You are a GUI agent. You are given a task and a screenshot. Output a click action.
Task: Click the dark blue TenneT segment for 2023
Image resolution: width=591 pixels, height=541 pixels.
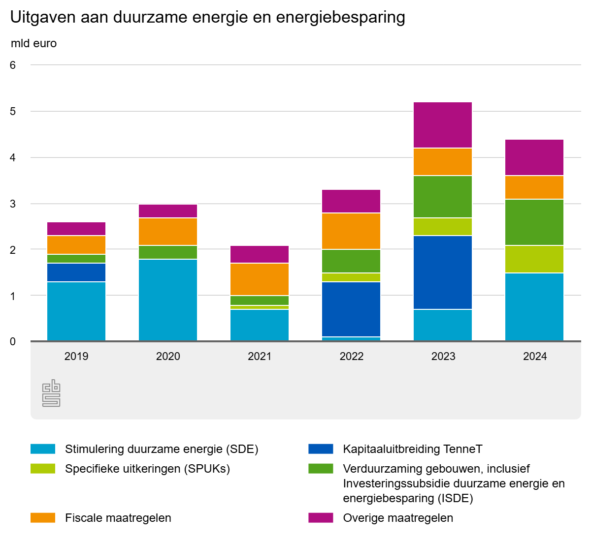(x=443, y=272)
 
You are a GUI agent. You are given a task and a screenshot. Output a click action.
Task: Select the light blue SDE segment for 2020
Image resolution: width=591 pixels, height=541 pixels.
(x=168, y=300)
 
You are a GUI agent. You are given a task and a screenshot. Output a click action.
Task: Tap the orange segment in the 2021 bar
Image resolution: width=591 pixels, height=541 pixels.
(x=260, y=279)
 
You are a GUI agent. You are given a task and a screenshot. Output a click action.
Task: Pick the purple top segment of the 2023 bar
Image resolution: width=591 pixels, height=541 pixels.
(x=443, y=125)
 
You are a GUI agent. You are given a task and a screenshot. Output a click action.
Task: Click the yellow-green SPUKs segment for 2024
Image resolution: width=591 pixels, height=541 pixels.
(x=534, y=259)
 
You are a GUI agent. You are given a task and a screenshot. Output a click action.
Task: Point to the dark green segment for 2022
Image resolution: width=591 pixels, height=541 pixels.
(x=351, y=261)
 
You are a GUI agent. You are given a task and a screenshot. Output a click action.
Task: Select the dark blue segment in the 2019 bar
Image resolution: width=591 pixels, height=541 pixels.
(x=76, y=272)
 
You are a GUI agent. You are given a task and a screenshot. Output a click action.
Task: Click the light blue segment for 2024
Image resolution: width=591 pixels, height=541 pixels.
(x=534, y=307)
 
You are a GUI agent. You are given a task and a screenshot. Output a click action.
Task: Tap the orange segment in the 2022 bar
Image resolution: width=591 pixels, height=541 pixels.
(x=351, y=231)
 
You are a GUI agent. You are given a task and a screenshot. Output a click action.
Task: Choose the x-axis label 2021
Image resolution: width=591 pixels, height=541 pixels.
(x=260, y=356)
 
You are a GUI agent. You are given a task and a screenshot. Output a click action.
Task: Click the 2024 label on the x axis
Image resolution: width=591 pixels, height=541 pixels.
(x=535, y=356)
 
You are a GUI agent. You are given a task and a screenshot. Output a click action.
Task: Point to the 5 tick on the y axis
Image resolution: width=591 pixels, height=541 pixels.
(x=13, y=111)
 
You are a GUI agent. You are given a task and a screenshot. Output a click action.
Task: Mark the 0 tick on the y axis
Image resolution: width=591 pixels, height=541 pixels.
(x=13, y=341)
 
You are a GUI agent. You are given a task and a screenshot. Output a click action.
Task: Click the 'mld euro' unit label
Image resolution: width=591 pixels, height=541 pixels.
(x=33, y=43)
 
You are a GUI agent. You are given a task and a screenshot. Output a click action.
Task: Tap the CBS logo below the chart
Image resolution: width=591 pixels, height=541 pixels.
(x=51, y=393)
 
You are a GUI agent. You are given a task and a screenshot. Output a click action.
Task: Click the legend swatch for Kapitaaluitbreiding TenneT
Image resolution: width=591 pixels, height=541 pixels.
(x=321, y=449)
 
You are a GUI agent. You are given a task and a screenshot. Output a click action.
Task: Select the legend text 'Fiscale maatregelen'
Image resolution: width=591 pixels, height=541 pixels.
(x=118, y=518)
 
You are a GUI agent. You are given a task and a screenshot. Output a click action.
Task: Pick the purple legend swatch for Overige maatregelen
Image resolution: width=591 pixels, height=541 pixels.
(x=321, y=518)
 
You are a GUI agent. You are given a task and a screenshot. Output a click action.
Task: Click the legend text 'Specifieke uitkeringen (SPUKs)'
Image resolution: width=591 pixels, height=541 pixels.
(x=147, y=469)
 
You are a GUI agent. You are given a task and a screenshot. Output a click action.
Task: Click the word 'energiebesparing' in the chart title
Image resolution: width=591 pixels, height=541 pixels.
(x=341, y=17)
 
